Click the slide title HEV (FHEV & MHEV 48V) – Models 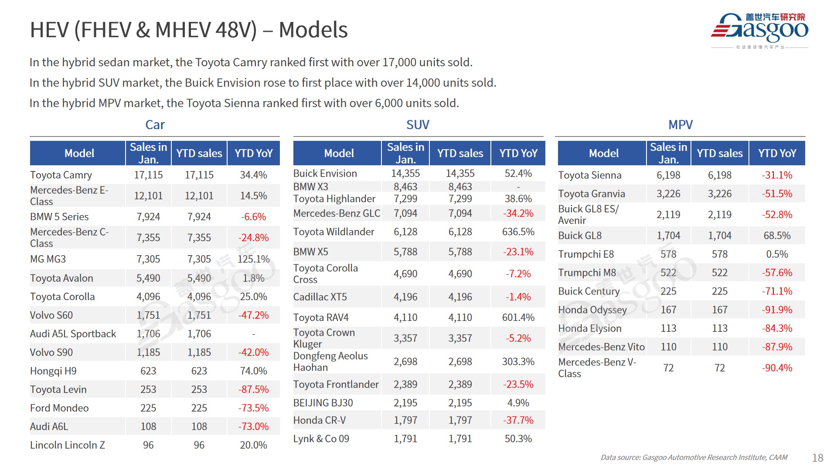click(x=188, y=30)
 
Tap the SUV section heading click(x=418, y=125)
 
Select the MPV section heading click(x=680, y=125)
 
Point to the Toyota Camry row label click(x=61, y=175)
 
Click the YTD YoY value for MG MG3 click(x=253, y=259)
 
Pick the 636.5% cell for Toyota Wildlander click(x=518, y=232)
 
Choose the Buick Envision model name click(x=325, y=174)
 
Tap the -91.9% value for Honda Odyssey click(x=777, y=310)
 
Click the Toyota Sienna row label click(x=589, y=175)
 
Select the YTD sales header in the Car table click(x=199, y=154)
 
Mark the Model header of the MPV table click(x=603, y=154)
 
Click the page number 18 click(x=817, y=458)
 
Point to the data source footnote click(x=694, y=457)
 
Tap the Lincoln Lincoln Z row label click(x=68, y=445)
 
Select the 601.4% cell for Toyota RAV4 click(x=518, y=317)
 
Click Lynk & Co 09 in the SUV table click(x=321, y=439)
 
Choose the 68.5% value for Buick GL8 click(x=777, y=235)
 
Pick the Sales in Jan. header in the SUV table click(x=405, y=154)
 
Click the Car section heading click(x=155, y=125)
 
